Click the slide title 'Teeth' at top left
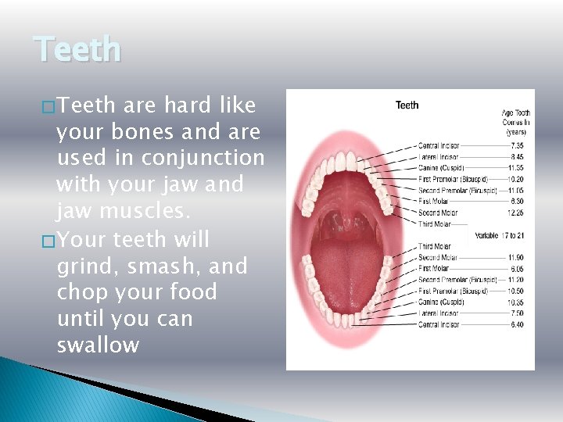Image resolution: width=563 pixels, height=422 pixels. point(78,50)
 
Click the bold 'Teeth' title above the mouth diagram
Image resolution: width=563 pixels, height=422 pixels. point(407,105)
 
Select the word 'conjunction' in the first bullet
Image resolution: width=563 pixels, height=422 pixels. point(203,159)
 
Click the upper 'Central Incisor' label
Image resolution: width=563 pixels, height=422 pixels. point(438,145)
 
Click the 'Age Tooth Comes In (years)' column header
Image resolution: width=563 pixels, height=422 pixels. point(515,123)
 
